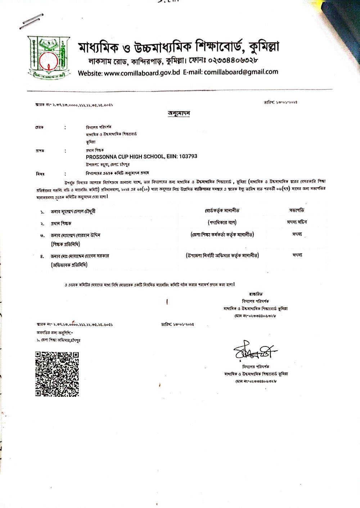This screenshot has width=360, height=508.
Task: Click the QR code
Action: pos(57,374)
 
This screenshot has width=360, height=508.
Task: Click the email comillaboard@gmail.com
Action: pos(241,72)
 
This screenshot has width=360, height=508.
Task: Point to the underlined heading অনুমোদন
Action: pos(179,113)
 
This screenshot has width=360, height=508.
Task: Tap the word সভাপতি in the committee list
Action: pos(296,210)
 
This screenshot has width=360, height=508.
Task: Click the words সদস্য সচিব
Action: pos(297,222)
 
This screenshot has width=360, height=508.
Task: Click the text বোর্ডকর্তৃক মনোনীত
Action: pos(222,210)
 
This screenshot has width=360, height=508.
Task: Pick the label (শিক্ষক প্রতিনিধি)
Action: pos(65,244)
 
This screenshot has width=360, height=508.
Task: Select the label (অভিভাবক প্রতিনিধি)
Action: pos(69,265)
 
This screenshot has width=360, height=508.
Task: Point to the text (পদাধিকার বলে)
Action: pos(222,223)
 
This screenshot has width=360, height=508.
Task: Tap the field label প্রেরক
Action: pos(39,127)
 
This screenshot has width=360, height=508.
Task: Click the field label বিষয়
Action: pos(40,174)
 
